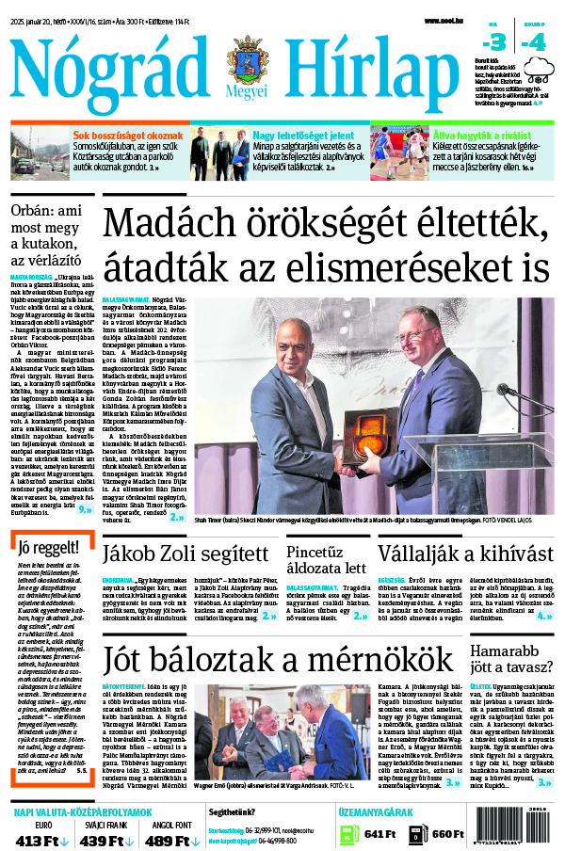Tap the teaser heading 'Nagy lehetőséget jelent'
(291, 136)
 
